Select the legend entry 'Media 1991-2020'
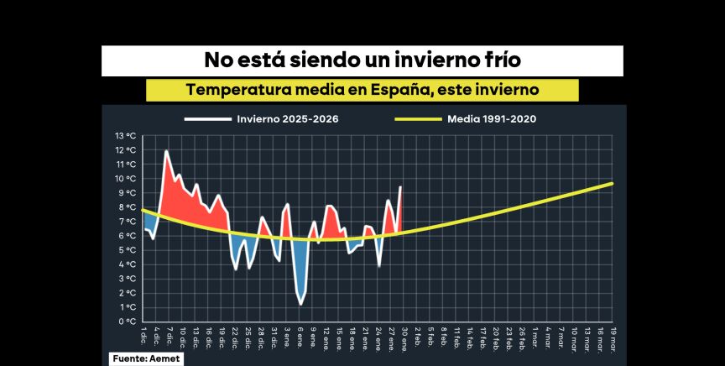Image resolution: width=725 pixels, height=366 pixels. click(493, 118)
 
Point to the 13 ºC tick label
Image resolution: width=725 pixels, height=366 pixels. click(125, 136)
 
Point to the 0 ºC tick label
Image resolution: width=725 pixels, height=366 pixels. click(127, 322)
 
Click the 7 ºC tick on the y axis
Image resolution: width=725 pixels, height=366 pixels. click(127, 222)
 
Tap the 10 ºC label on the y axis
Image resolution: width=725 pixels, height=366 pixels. click(125, 179)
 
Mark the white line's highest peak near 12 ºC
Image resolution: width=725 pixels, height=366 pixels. click(166, 151)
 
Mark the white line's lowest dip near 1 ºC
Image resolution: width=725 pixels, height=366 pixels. click(300, 304)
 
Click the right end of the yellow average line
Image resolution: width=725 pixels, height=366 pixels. click(613, 183)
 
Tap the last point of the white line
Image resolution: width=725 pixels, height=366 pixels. click(400, 186)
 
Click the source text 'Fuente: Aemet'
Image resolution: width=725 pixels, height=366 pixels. click(145, 358)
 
